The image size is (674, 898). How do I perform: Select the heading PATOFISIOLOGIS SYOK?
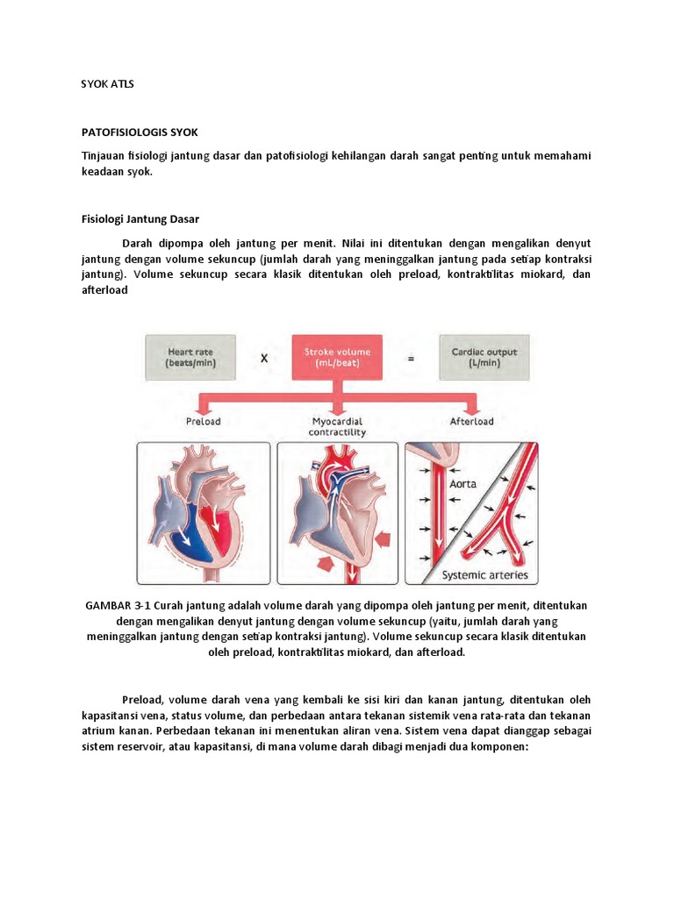pos(140,132)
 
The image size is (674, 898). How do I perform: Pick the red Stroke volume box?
pos(337,357)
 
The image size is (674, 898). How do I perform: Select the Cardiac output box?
pos(484,357)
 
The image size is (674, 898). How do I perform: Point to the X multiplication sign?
pos(262,358)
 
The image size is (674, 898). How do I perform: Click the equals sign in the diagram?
pos(410,358)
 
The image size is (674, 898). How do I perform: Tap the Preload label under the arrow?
pos(204,421)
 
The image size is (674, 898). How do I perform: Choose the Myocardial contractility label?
pos(338,426)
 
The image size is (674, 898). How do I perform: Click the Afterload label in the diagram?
pos(471,421)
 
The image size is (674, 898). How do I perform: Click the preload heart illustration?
pos(203,513)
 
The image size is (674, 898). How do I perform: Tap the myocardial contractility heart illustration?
pos(338,513)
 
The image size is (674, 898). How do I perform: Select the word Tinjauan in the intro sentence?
pos(104,156)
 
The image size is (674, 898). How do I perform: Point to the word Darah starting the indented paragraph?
pos(140,242)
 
